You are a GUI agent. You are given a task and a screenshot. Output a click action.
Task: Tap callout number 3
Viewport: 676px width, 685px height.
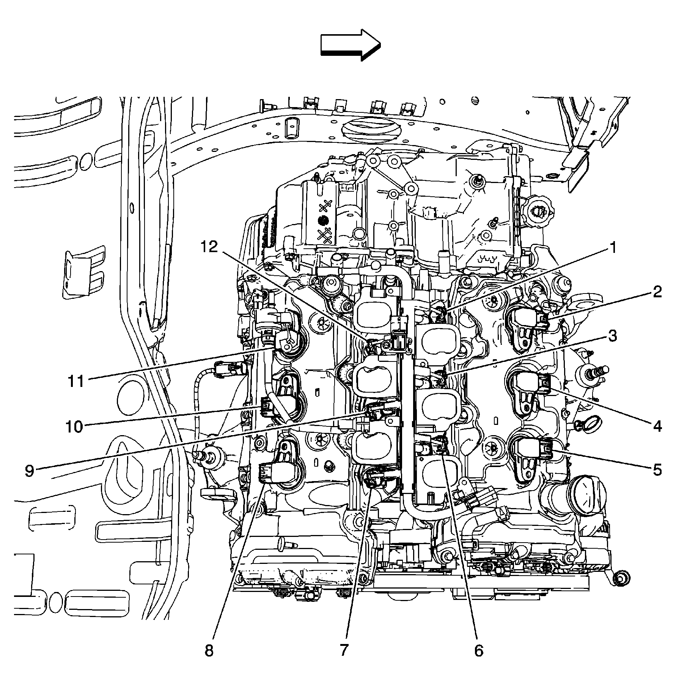611,336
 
